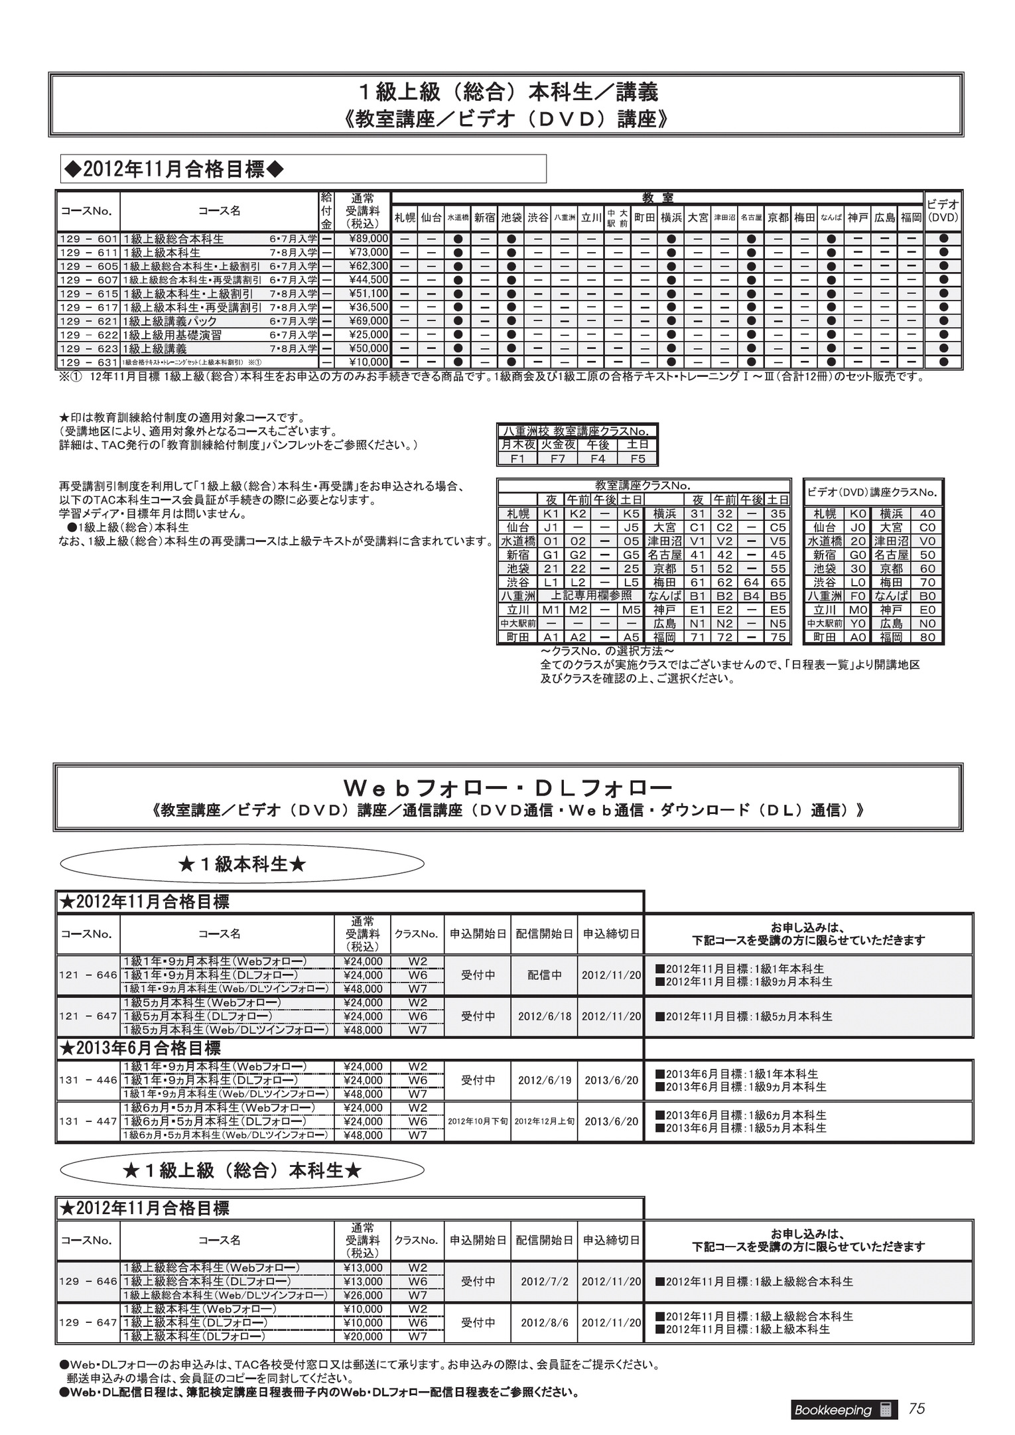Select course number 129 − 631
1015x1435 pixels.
point(88,362)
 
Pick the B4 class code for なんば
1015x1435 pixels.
point(751,596)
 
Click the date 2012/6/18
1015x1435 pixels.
point(544,1016)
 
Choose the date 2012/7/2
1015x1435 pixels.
point(544,1281)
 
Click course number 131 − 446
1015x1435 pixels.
point(88,1080)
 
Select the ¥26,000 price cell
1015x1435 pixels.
point(363,1295)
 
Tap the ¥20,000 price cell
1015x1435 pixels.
point(363,1336)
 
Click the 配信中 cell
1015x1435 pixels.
point(544,975)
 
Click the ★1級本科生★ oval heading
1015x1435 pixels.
point(242,864)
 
